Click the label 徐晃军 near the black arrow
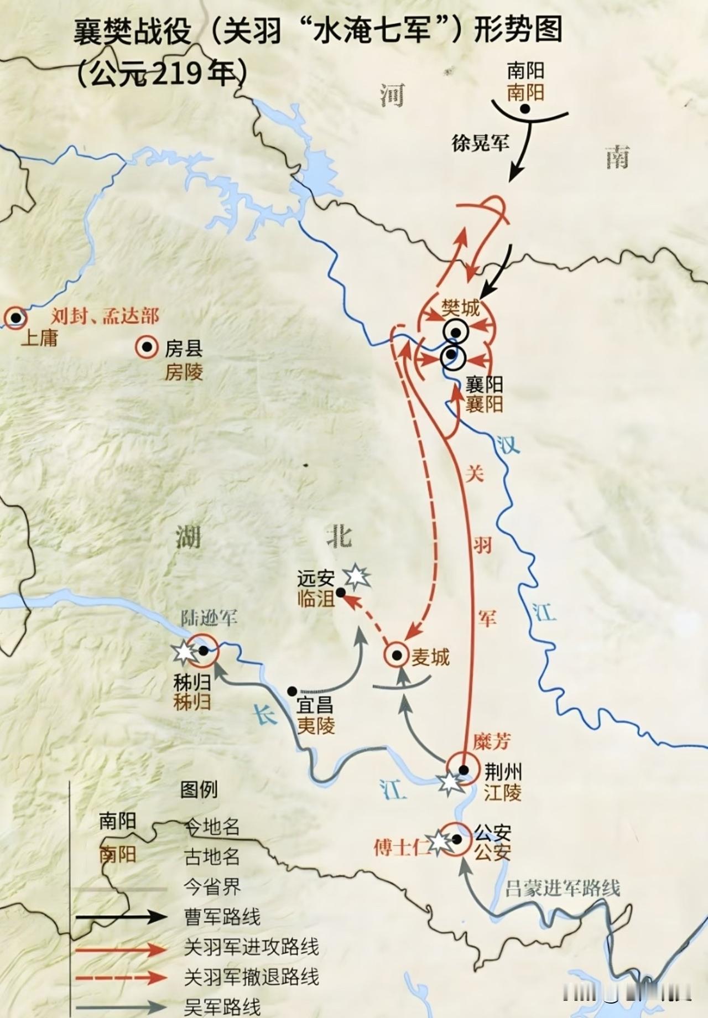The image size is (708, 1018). click(x=480, y=144)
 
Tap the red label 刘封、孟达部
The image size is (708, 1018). click(x=105, y=316)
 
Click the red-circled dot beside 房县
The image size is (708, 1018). click(x=147, y=347)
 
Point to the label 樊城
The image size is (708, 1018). click(x=460, y=308)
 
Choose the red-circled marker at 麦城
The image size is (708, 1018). click(x=397, y=655)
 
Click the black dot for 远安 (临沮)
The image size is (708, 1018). click(x=341, y=592)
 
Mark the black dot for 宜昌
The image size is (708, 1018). click(x=292, y=690)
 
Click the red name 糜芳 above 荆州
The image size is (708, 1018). click(x=492, y=741)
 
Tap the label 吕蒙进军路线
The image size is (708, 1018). click(x=563, y=888)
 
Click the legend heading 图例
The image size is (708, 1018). click(x=199, y=790)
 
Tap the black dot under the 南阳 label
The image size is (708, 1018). click(x=525, y=109)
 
